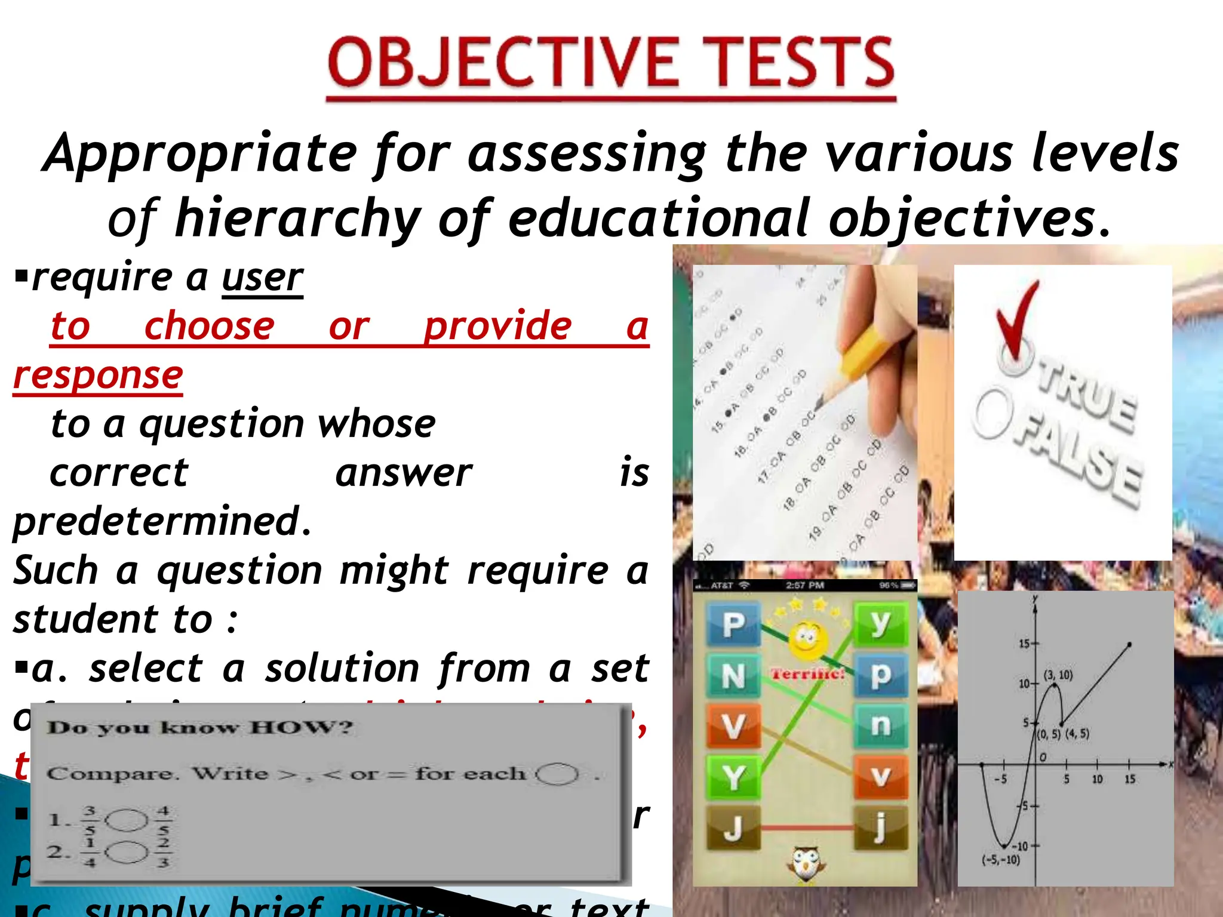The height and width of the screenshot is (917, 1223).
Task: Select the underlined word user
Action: click(263, 278)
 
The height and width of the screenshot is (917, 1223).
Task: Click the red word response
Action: click(98, 376)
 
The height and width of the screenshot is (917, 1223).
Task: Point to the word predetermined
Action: click(161, 521)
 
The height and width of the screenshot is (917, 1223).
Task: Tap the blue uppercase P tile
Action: click(733, 625)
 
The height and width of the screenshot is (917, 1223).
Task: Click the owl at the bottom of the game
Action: click(806, 863)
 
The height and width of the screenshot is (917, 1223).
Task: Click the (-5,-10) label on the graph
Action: click(1001, 860)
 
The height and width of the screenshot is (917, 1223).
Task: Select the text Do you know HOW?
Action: click(200, 728)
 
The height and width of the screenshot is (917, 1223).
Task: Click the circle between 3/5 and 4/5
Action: click(127, 820)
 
